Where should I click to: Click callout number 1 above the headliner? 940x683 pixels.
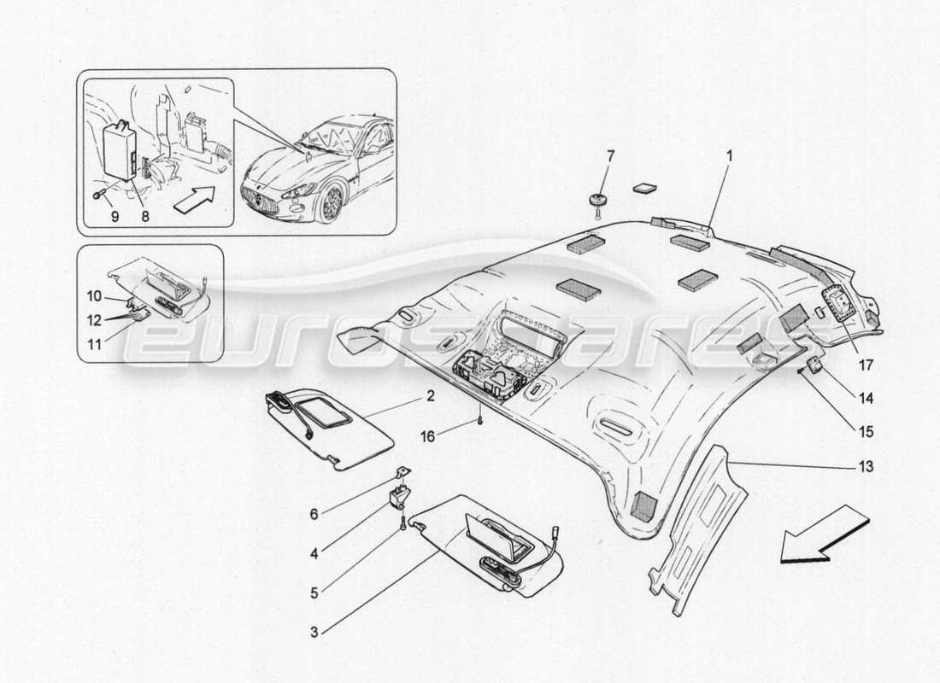[x=729, y=156]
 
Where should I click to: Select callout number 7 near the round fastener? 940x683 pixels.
[x=609, y=156]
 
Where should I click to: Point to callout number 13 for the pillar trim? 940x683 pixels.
[x=866, y=467]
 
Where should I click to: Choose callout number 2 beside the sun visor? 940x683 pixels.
[x=430, y=396]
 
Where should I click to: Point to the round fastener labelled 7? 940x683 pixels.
[x=596, y=201]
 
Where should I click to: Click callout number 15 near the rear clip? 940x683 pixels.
[x=866, y=432]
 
